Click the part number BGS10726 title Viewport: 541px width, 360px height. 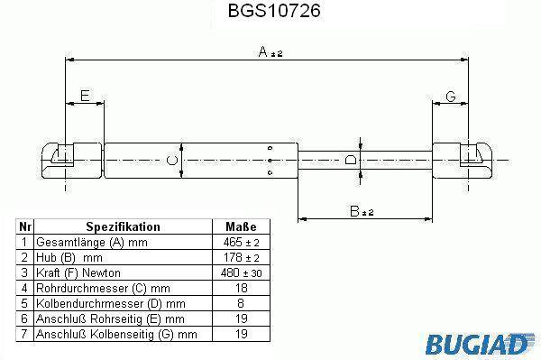point(274,11)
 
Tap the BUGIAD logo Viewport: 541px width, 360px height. point(480,344)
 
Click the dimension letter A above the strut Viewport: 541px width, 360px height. point(263,51)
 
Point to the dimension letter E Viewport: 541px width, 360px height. point(85,96)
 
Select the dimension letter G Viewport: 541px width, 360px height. point(451,97)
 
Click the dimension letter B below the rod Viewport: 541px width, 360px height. point(354,211)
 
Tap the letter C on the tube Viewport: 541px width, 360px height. point(172,161)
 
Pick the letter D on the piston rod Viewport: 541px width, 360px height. point(351,160)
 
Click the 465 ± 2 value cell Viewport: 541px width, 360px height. point(241,243)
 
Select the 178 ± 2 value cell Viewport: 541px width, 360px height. point(241,257)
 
